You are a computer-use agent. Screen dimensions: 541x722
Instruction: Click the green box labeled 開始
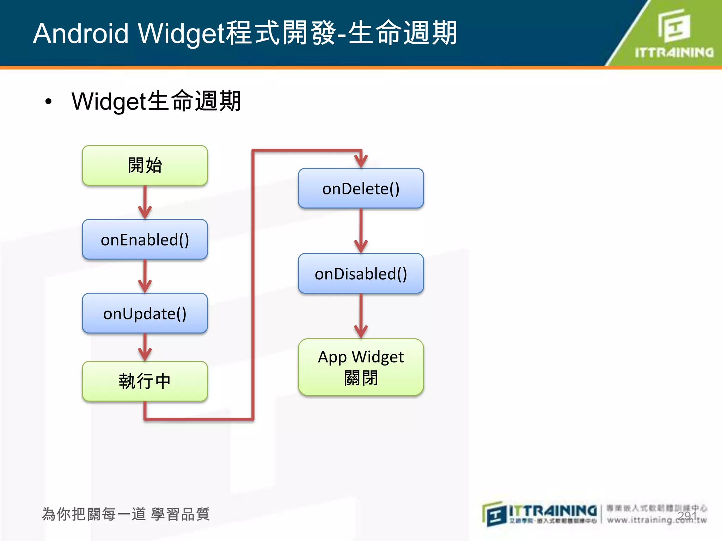(x=145, y=166)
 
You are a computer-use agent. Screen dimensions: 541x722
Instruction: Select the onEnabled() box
(x=145, y=240)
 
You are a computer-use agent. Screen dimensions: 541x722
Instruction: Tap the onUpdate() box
(x=145, y=313)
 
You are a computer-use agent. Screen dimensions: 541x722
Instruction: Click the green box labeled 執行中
(x=145, y=381)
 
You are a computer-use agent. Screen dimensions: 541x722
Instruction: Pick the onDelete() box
(x=361, y=188)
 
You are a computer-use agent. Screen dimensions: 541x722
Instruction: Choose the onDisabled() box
(x=361, y=273)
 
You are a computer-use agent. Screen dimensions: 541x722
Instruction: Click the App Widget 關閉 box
(x=361, y=367)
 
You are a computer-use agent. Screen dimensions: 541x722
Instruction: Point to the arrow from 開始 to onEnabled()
(x=145, y=202)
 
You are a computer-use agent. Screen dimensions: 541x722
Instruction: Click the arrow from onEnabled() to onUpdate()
(x=145, y=276)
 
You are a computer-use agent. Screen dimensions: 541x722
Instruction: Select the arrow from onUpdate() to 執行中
(x=145, y=347)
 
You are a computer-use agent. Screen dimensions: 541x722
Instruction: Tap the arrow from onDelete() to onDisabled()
(x=361, y=231)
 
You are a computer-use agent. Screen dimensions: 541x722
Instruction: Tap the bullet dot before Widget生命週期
(x=48, y=102)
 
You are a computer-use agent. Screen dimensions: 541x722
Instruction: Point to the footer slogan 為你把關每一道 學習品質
(x=126, y=514)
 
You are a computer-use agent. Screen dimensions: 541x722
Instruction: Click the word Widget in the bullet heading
(x=109, y=102)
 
